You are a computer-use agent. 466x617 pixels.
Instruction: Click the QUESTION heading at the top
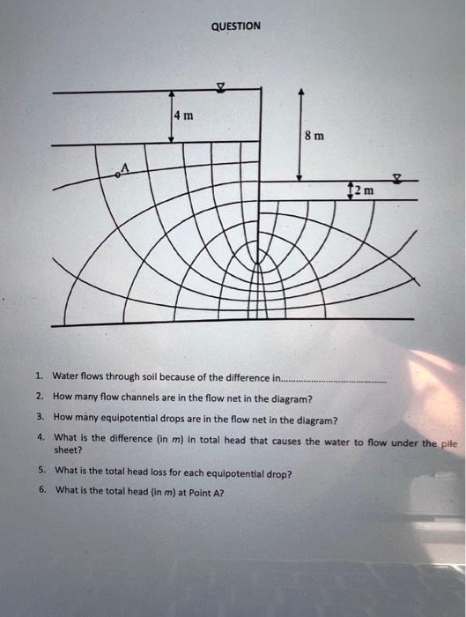235,26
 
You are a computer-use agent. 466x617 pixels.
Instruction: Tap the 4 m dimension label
184,115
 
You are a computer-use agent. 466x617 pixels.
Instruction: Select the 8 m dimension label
314,136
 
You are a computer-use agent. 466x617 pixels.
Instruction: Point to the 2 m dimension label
364,190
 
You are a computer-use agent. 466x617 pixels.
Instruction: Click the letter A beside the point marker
125,167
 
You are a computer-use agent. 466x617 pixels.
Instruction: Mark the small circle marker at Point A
117,175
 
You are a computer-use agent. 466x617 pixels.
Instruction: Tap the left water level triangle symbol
221,87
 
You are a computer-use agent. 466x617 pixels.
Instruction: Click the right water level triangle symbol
398,179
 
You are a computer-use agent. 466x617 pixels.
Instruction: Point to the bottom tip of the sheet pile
258,263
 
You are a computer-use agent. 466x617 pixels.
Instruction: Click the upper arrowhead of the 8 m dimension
301,91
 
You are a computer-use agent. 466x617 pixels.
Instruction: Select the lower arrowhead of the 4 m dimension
171,139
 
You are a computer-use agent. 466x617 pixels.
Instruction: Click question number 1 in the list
39,375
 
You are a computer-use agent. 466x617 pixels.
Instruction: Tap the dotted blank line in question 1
334,382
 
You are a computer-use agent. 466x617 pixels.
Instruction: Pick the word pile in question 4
448,444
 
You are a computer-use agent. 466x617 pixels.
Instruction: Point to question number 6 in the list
42,489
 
